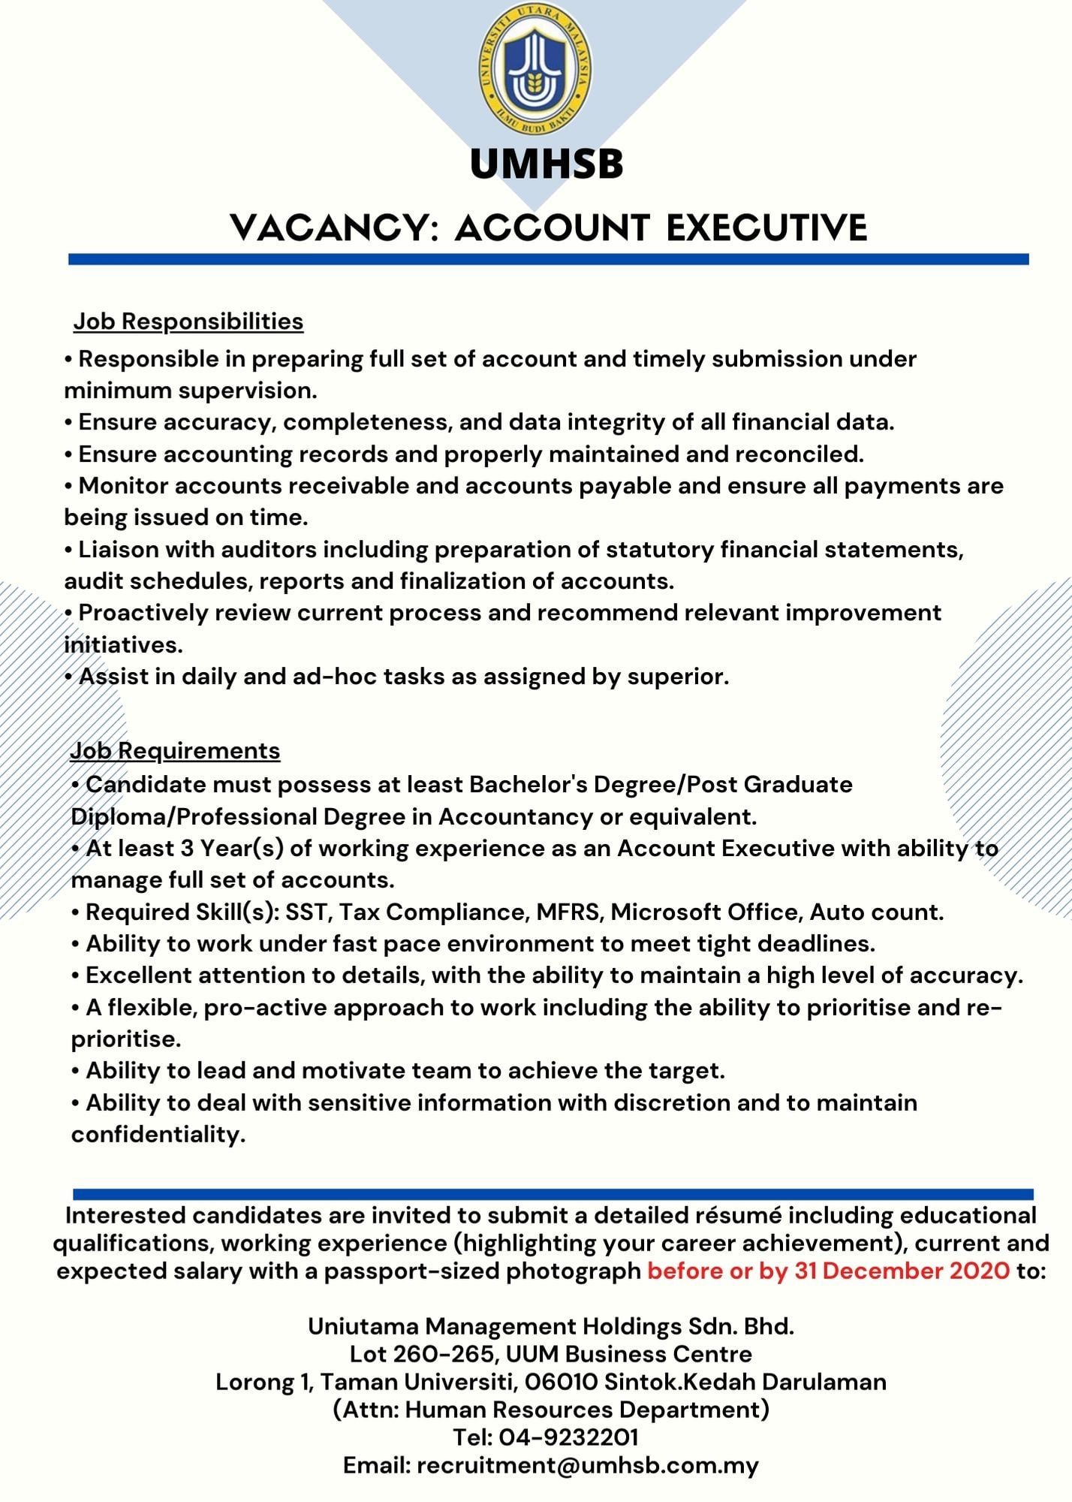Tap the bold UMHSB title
[x=547, y=164]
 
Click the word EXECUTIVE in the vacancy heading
[x=766, y=228]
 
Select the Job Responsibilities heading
[x=188, y=321]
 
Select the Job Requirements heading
[x=175, y=750]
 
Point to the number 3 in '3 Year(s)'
[x=188, y=848]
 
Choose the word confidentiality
[x=158, y=1134]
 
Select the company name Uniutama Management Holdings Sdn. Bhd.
[x=551, y=1326]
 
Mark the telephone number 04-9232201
[x=568, y=1437]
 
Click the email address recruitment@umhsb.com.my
[x=588, y=1465]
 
